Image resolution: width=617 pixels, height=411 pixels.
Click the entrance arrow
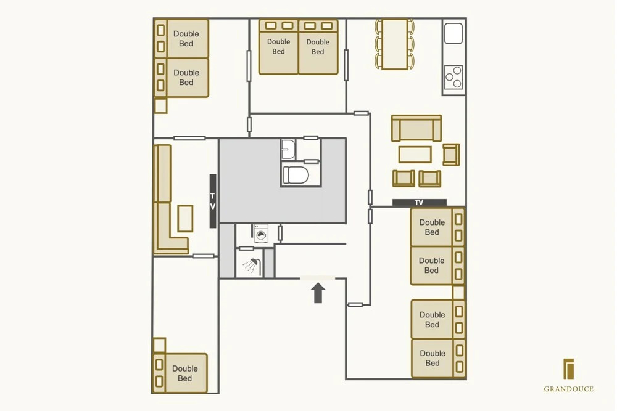click(x=318, y=293)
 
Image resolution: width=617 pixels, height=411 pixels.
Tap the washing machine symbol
click(x=261, y=234)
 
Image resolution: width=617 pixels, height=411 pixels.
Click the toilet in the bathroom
click(x=296, y=175)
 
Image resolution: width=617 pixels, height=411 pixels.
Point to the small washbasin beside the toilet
click(x=288, y=149)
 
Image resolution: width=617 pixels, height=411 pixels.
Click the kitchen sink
click(x=453, y=33)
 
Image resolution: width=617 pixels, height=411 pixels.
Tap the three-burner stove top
click(x=453, y=77)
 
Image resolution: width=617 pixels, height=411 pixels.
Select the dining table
click(x=395, y=44)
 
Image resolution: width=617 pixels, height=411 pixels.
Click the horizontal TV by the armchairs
click(x=419, y=203)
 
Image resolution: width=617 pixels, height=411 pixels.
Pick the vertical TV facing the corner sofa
click(x=212, y=201)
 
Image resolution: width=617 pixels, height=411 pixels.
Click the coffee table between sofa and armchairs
click(x=415, y=155)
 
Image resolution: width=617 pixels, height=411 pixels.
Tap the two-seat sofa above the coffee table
click(x=416, y=128)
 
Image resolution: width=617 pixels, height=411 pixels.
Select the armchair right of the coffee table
click(x=451, y=155)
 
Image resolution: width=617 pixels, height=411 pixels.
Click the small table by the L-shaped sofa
click(x=185, y=219)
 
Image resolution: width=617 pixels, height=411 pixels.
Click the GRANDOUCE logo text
click(x=569, y=389)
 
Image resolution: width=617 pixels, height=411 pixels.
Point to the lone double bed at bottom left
click(x=180, y=373)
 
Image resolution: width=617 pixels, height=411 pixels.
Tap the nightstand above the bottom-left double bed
click(x=159, y=346)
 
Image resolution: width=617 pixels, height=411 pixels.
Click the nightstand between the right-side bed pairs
click(x=458, y=293)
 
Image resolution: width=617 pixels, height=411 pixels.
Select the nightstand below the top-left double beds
click(x=160, y=106)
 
